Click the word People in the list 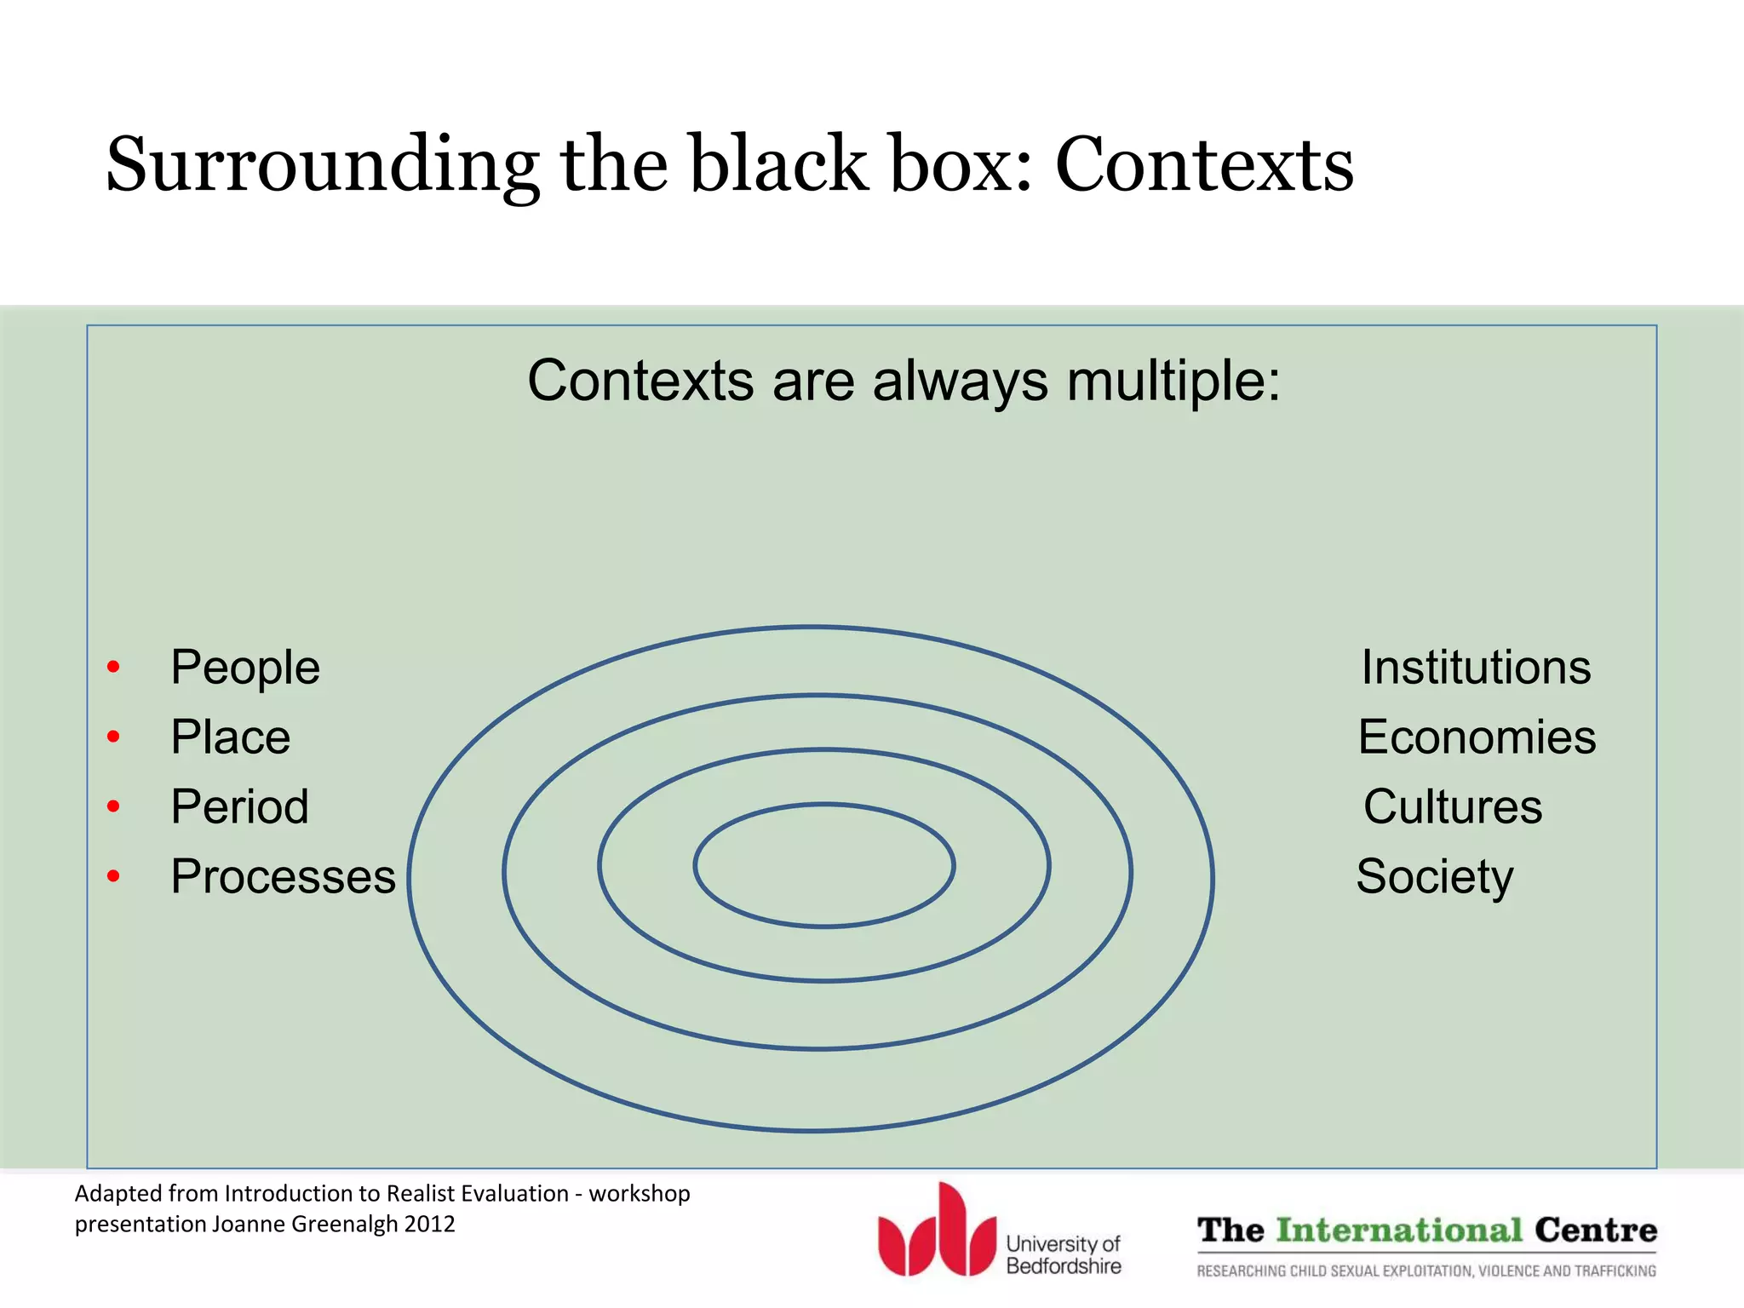245,668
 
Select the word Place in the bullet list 230,737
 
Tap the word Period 239,807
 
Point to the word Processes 283,877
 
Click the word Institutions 1476,668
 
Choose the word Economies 1477,737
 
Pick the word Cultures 1453,807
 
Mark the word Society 1435,877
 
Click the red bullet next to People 113,667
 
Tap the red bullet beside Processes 113,876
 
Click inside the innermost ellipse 823,865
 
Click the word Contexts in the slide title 1204,164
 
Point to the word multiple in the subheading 1173,381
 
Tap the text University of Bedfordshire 1063,1255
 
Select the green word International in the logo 1399,1231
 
